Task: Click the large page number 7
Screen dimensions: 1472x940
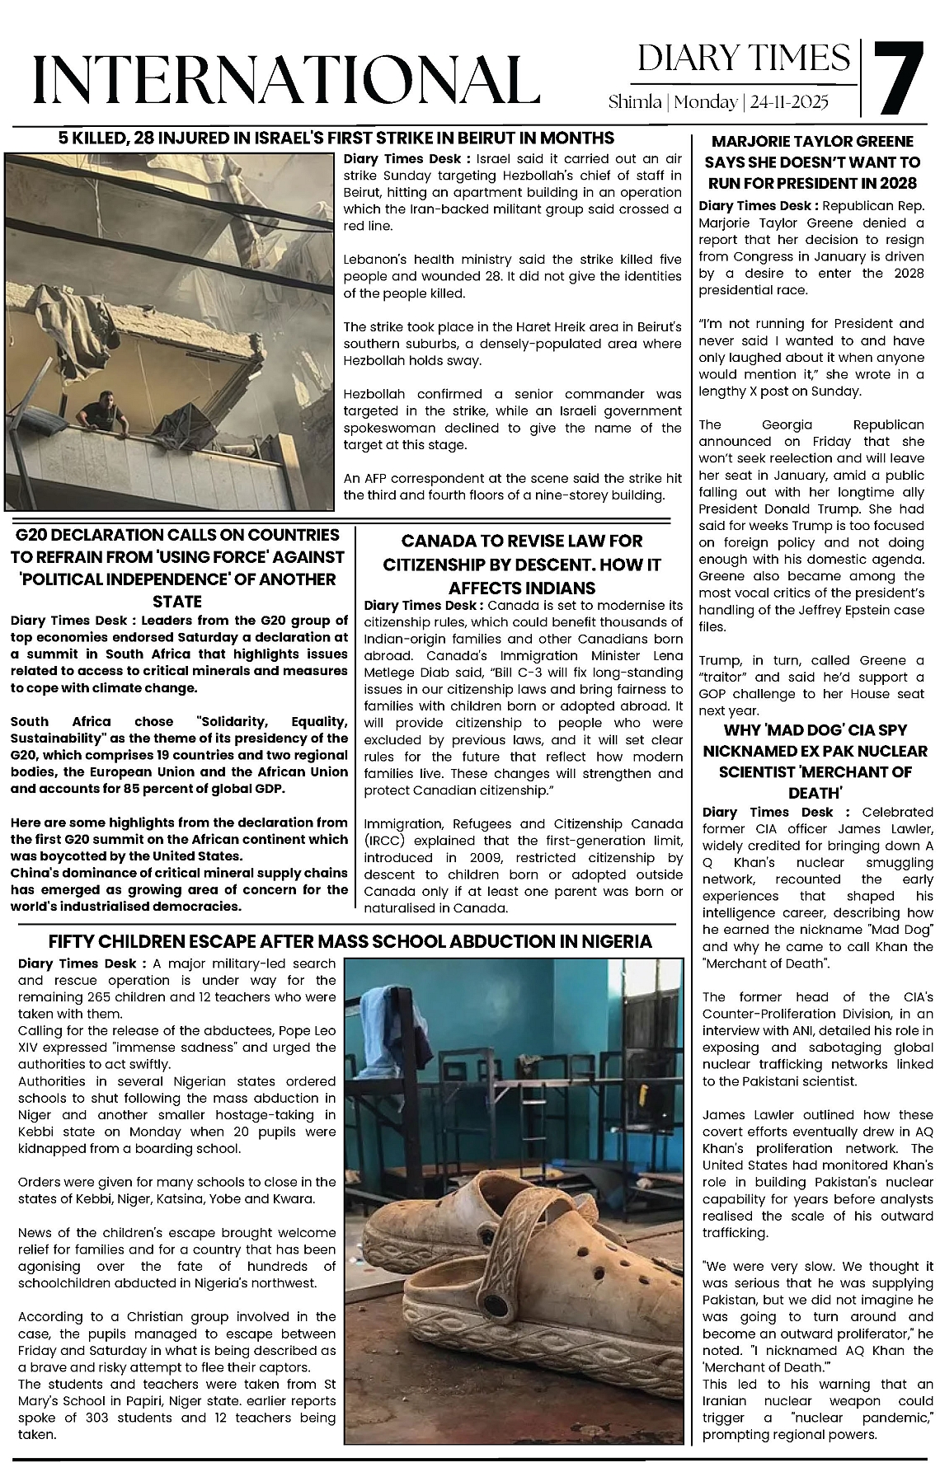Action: point(897,79)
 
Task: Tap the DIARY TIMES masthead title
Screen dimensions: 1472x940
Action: point(744,58)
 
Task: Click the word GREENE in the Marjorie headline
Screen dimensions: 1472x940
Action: point(877,141)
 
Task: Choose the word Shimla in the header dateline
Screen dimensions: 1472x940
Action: point(635,102)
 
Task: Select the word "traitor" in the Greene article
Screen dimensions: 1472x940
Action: point(726,677)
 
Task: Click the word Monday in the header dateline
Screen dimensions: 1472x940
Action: point(707,102)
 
